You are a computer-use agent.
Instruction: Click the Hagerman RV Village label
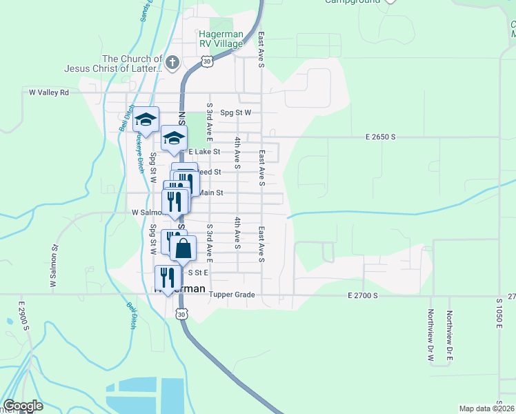(x=221, y=39)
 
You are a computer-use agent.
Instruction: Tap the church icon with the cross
(x=172, y=64)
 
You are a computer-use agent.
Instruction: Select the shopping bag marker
(x=183, y=248)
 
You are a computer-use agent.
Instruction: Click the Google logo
(x=23, y=406)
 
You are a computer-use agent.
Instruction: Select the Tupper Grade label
(x=232, y=295)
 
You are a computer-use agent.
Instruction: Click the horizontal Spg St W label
(x=236, y=112)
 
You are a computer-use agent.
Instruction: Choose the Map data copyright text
(x=487, y=408)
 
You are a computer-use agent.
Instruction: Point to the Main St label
(x=210, y=193)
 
